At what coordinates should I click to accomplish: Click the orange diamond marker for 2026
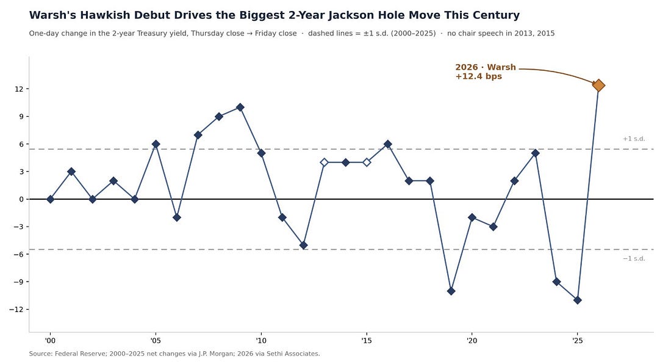(598, 86)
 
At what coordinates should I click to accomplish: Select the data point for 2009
(240, 107)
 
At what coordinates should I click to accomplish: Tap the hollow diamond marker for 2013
(325, 162)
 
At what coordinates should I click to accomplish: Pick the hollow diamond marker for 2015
(367, 162)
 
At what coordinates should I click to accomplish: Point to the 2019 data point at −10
(451, 291)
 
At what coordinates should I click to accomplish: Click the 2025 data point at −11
(577, 300)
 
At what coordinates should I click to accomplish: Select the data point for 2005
(156, 144)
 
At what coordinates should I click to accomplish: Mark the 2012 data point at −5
(303, 246)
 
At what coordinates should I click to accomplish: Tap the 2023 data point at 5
(536, 153)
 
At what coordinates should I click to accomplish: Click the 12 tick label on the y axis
(20, 89)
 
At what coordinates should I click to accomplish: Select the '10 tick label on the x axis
(261, 341)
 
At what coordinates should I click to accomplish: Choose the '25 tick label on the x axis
(577, 341)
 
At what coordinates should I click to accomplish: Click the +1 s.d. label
(634, 139)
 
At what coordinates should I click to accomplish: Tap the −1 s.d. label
(634, 259)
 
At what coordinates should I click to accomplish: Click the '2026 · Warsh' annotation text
(486, 67)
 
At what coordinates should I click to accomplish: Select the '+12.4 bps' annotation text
(478, 77)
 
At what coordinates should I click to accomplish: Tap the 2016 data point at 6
(388, 144)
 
